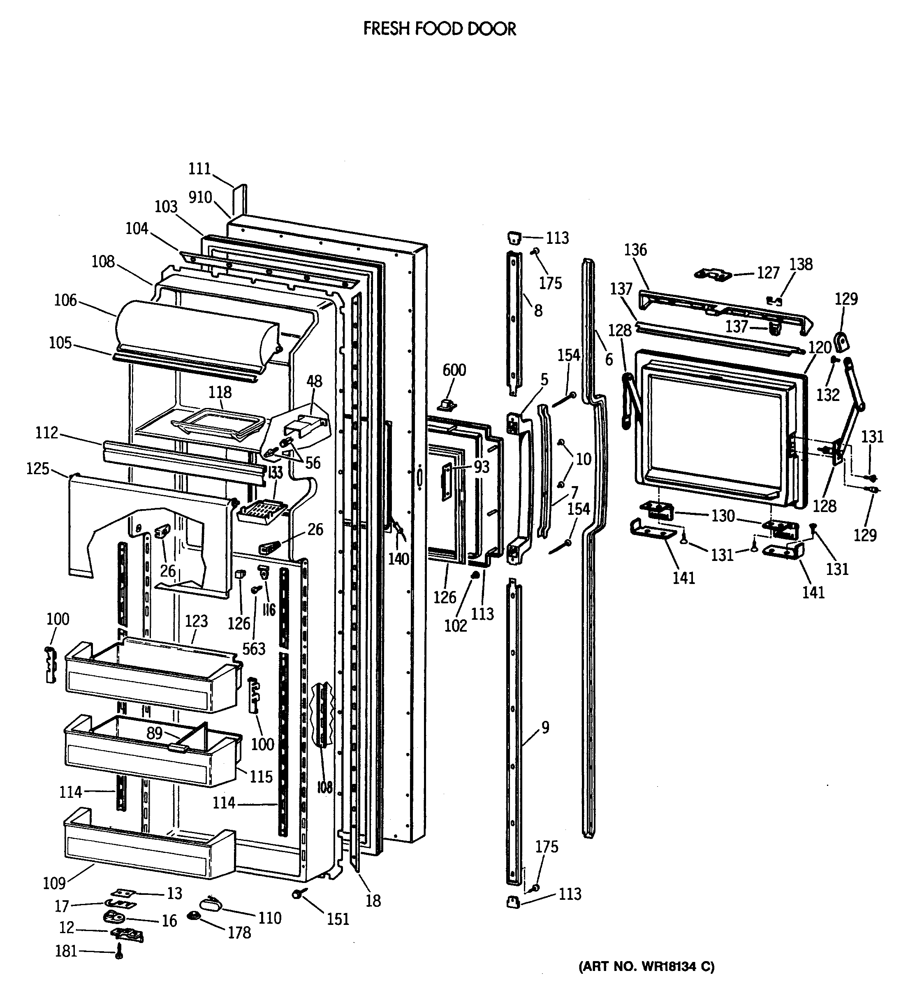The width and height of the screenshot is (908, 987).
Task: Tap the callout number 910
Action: (200, 197)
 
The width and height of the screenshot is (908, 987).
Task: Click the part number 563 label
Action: (254, 649)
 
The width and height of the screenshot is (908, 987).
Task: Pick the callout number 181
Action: (66, 951)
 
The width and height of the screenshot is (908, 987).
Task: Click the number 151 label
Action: (338, 919)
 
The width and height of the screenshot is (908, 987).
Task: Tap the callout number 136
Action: (635, 250)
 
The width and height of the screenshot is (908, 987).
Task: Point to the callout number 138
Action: (801, 264)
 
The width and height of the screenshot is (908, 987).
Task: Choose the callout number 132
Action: (828, 394)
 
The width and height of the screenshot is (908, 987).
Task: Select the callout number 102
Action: (456, 626)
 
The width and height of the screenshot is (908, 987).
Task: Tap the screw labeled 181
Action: (118, 952)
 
